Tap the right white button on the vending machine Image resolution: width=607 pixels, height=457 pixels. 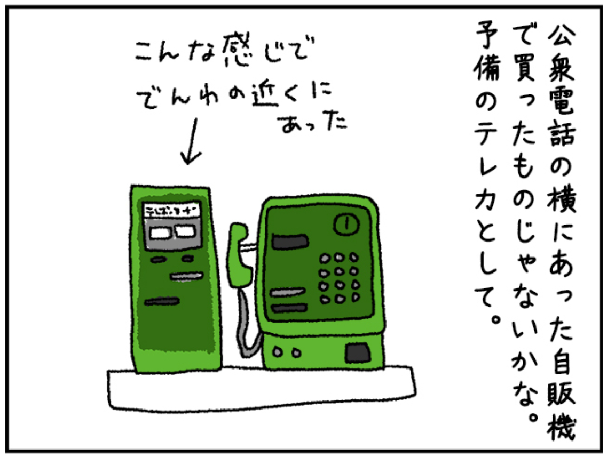pyautogui.click(x=185, y=231)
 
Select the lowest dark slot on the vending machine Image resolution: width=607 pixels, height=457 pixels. pyautogui.click(x=161, y=302)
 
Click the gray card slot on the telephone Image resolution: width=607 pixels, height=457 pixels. pyautogui.click(x=288, y=292)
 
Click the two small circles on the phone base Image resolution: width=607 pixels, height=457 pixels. pyautogui.click(x=285, y=353)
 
